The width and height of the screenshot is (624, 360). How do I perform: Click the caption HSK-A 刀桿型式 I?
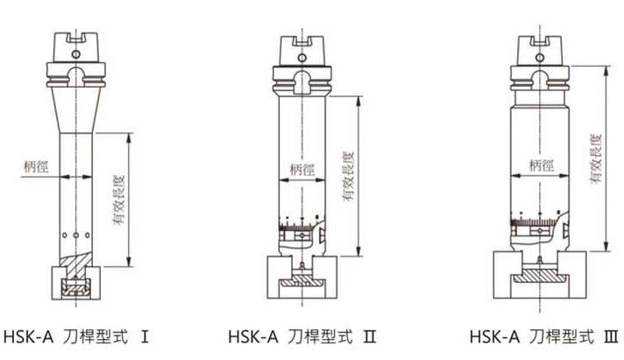76,337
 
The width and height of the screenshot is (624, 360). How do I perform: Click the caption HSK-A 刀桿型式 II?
302,337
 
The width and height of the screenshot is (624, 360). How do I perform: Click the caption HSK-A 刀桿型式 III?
544,337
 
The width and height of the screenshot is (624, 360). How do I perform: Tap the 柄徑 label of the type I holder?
36,166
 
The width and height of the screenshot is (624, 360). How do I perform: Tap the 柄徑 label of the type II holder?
302,170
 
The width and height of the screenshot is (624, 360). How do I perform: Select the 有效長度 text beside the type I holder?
119,200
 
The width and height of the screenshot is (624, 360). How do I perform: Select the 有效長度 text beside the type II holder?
349,176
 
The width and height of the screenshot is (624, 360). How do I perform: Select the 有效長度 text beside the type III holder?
596,159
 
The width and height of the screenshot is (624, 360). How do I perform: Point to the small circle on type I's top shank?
75,54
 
